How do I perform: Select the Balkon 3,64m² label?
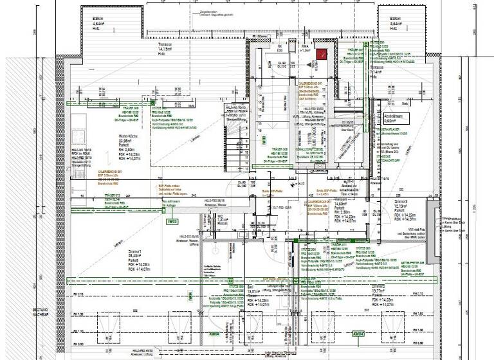pos(395,24)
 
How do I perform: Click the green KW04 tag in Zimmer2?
pos(359,334)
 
